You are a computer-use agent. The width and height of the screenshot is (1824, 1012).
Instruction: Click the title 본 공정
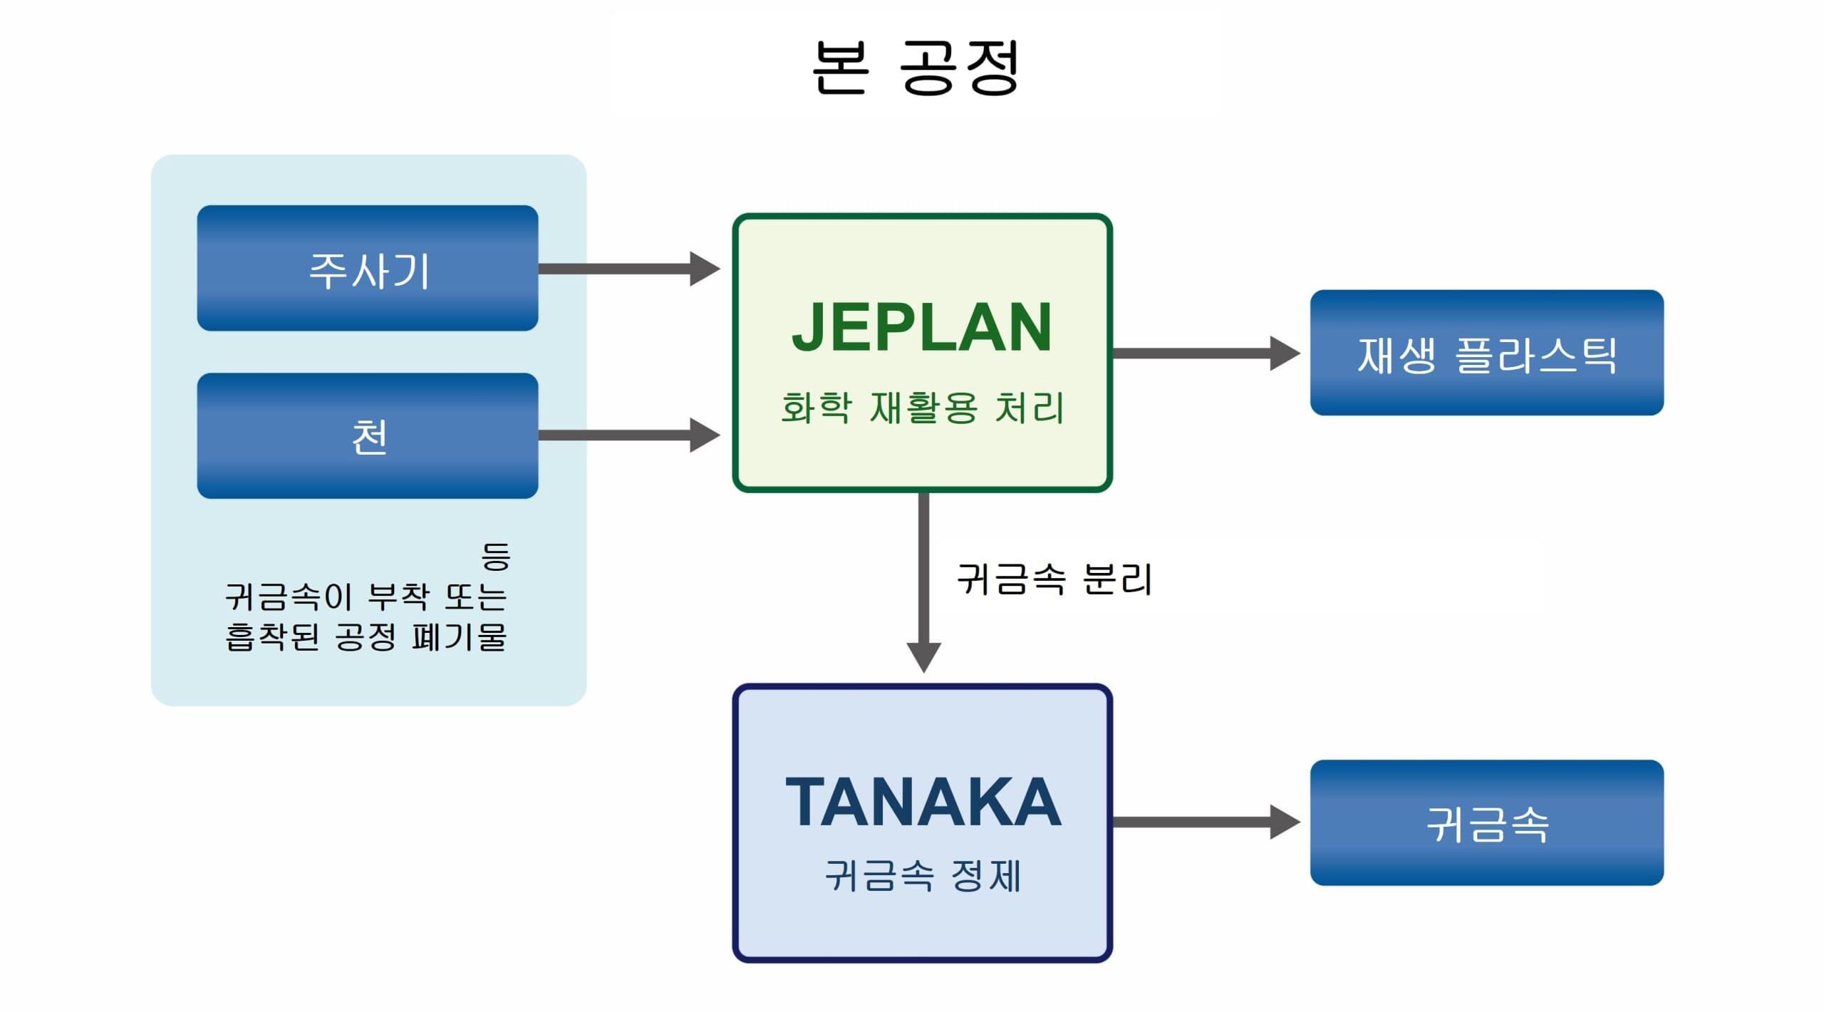917,68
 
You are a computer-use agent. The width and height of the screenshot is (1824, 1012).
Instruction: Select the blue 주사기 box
368,269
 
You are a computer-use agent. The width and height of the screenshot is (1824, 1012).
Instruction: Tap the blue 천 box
368,436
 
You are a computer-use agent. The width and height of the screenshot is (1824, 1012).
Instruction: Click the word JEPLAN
921,328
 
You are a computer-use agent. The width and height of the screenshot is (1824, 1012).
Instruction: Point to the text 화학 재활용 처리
923,408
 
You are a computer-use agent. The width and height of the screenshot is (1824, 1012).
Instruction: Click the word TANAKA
923,803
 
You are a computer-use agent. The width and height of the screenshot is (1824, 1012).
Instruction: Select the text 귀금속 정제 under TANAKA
923,877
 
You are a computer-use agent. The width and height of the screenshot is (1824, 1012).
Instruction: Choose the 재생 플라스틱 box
1486,353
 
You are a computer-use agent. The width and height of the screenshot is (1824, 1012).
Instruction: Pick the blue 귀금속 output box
1486,823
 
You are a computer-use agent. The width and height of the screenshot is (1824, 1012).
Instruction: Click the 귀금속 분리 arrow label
1054,579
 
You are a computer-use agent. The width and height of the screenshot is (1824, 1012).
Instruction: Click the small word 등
496,557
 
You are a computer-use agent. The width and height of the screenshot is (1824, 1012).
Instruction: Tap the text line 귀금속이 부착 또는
366,597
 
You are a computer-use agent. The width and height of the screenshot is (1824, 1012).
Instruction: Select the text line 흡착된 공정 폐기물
366,636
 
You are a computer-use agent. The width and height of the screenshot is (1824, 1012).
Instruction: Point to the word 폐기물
460,636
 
